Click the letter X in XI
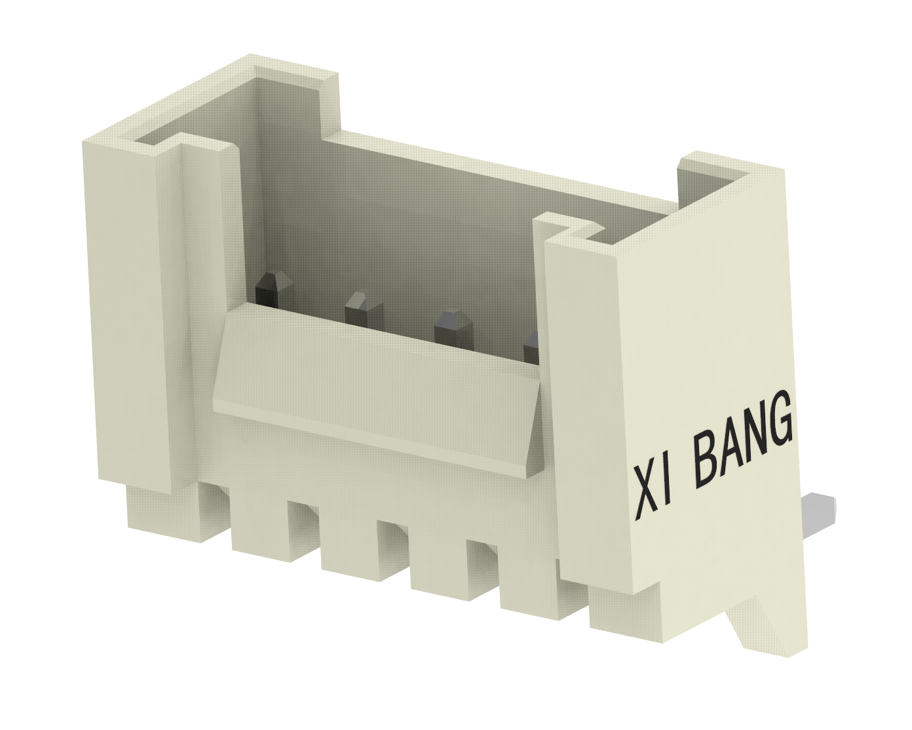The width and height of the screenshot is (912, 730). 645,495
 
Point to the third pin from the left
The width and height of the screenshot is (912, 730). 453,328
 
